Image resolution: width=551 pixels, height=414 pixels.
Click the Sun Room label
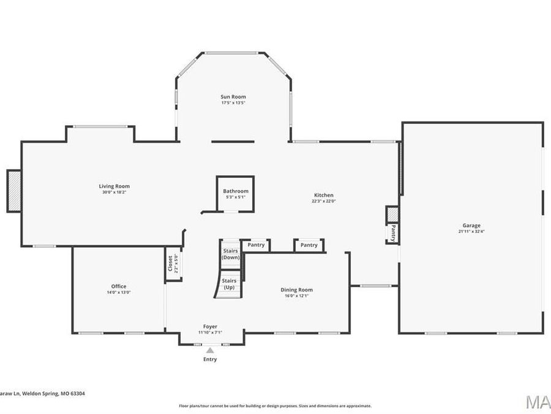click(x=233, y=97)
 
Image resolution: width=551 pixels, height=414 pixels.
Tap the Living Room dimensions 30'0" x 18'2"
click(x=114, y=193)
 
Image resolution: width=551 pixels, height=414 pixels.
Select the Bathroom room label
click(x=236, y=191)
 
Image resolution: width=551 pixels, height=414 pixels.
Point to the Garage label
click(x=471, y=226)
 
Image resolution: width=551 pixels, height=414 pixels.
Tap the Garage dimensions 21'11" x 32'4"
click(x=471, y=232)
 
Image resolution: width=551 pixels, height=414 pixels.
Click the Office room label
click(x=119, y=286)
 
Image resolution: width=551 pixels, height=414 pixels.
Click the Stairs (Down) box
click(x=230, y=253)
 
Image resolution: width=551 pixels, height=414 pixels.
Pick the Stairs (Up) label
click(x=230, y=284)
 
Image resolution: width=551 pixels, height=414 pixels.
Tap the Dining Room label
click(x=296, y=289)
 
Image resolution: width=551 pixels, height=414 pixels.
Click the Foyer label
click(x=210, y=326)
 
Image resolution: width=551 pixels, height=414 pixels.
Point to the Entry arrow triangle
click(x=210, y=350)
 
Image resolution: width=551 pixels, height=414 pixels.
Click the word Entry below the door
click(x=210, y=359)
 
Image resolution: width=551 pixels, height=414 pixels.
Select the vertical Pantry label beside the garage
click(x=392, y=234)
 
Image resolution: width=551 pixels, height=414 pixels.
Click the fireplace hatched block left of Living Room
click(x=14, y=191)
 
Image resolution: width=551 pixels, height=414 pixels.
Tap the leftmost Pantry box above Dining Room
click(x=257, y=245)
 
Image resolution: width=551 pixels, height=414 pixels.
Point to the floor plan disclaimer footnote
click(x=275, y=405)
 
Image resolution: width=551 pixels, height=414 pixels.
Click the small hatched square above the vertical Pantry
click(x=392, y=215)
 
